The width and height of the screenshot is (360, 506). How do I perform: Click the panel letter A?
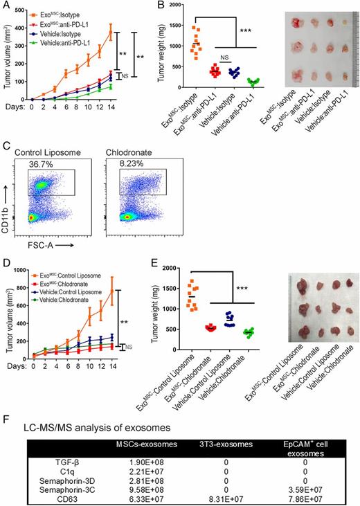click(x=6, y=6)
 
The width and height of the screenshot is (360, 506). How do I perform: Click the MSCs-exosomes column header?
click(x=141, y=434)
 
